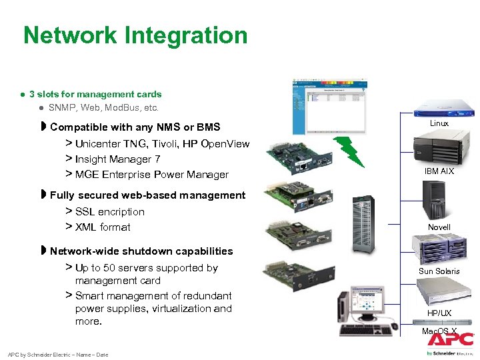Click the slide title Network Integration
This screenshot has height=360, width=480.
click(x=135, y=35)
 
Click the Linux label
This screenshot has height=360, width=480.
click(x=439, y=123)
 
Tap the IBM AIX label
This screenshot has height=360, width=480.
click(x=439, y=171)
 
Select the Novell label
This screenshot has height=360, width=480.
click(x=439, y=227)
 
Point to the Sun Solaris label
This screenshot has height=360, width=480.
click(x=439, y=271)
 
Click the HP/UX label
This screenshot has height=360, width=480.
click(x=439, y=313)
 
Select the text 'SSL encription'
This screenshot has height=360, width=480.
click(x=109, y=212)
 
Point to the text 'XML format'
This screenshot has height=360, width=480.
click(x=103, y=227)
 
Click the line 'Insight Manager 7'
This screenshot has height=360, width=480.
click(x=117, y=159)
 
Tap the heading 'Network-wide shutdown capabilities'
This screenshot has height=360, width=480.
click(x=141, y=251)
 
